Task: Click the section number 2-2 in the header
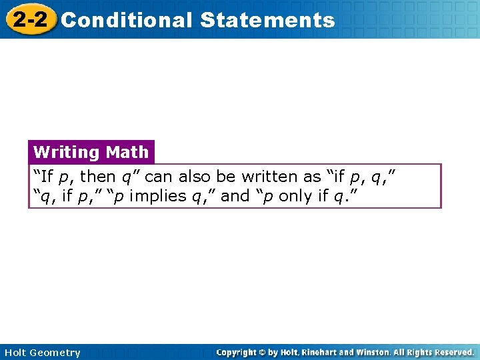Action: tap(30, 19)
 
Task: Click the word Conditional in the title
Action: tap(126, 20)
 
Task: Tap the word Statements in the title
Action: tap(267, 20)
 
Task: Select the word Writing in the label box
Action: tap(66, 153)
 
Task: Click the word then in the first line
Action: tap(97, 177)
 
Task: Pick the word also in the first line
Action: tap(194, 177)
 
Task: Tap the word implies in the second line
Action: tap(161, 196)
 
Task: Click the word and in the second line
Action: tap(235, 196)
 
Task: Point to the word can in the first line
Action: tap(158, 177)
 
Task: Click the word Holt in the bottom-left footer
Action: tap(15, 353)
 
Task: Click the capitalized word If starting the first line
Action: tap(46, 177)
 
